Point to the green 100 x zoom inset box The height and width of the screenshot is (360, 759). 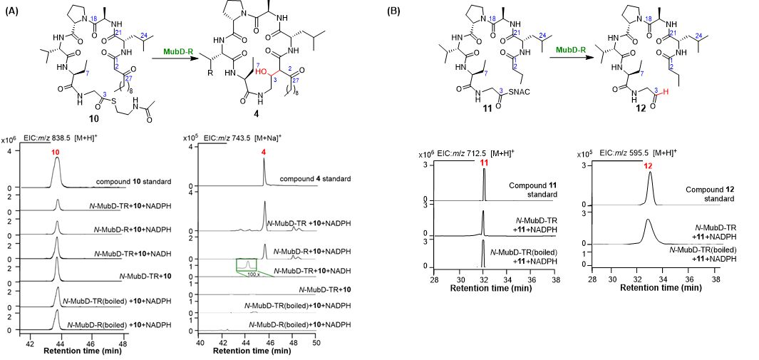coord(247,266)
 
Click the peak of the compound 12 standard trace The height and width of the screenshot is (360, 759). coord(650,173)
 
